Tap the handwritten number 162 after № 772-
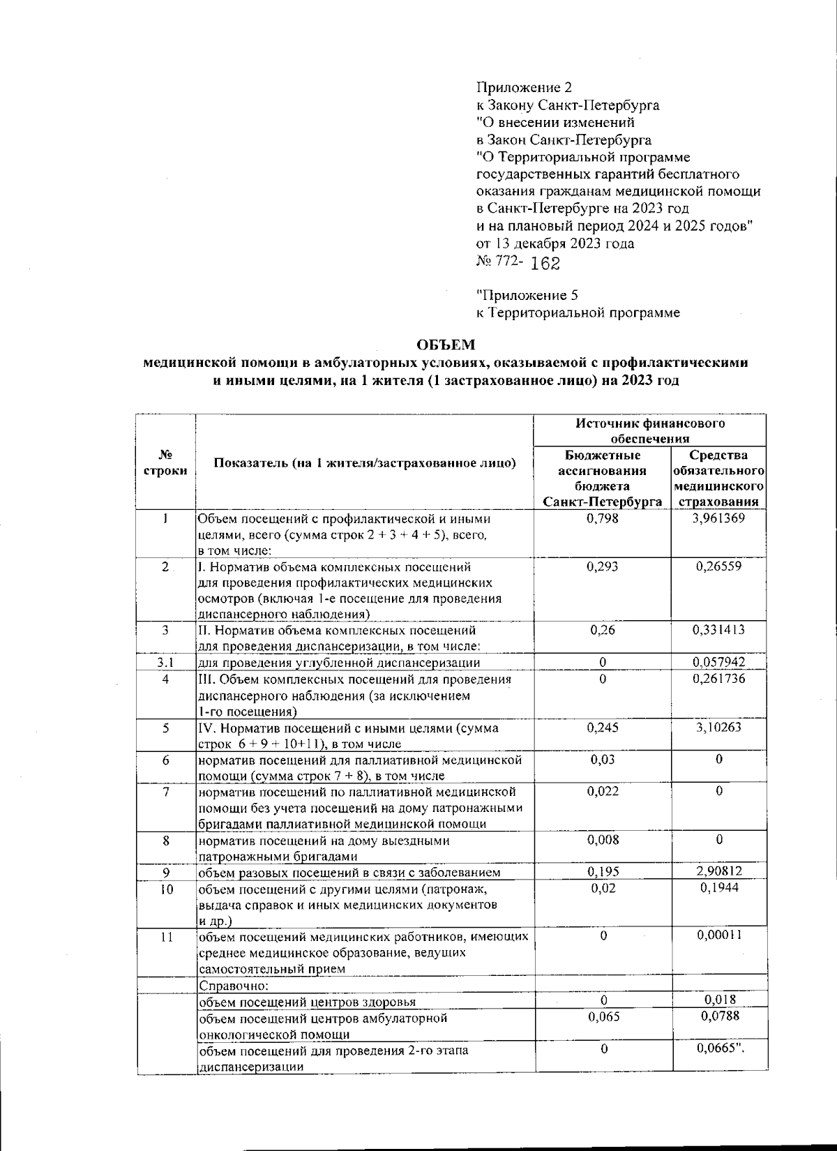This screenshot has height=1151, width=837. pyautogui.click(x=545, y=264)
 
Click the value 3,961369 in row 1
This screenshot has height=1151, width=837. pyautogui.click(x=718, y=518)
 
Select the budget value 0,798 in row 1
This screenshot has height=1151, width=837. pyautogui.click(x=603, y=518)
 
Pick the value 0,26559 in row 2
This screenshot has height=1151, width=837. pyautogui.click(x=718, y=566)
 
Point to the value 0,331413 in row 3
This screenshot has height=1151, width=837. pyautogui.click(x=718, y=630)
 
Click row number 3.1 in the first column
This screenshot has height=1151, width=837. pyautogui.click(x=165, y=662)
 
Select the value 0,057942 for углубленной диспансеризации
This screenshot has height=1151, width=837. pyautogui.click(x=718, y=662)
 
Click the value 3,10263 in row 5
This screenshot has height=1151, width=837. pyautogui.click(x=718, y=728)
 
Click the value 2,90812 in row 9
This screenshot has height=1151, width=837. pyautogui.click(x=718, y=871)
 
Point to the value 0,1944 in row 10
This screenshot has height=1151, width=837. pyautogui.click(x=718, y=887)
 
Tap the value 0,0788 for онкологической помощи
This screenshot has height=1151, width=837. pyautogui.click(x=718, y=1017)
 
